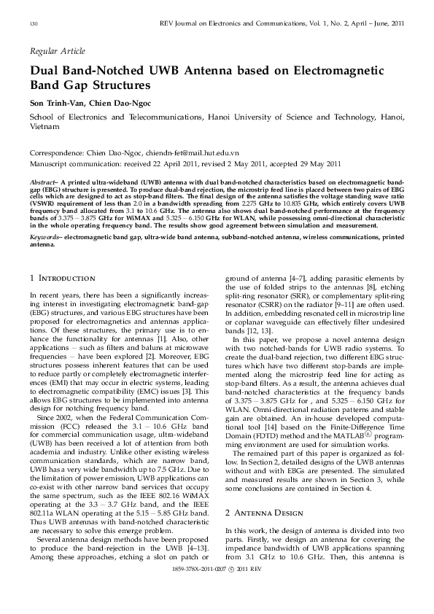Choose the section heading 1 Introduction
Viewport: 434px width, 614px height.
pos(62,278)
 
